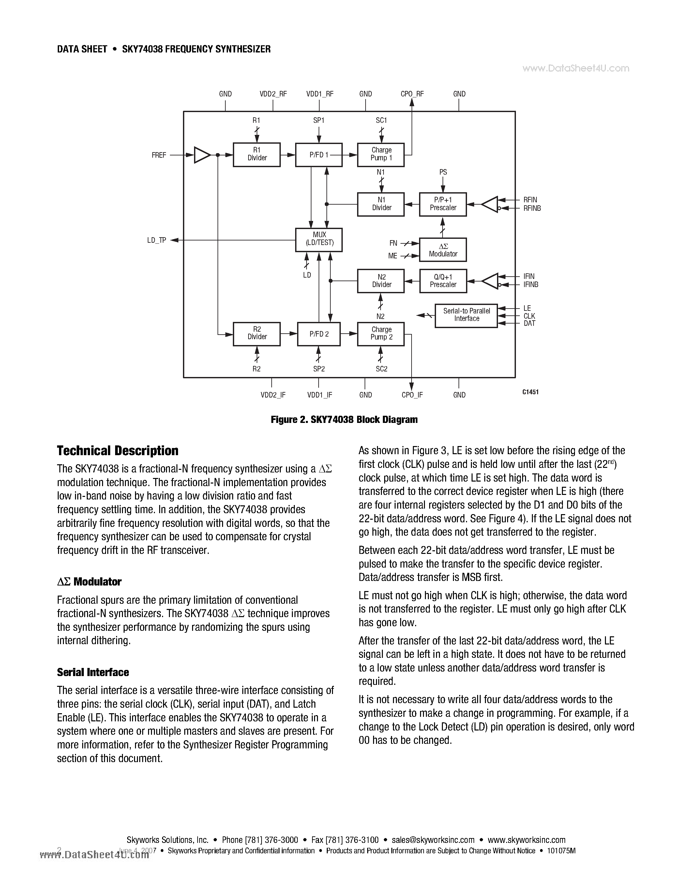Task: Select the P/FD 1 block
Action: pyautogui.click(x=319, y=155)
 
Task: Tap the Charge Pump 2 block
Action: pyautogui.click(x=381, y=334)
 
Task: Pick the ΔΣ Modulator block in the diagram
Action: pyautogui.click(x=443, y=250)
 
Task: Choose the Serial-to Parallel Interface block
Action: pyautogui.click(x=466, y=315)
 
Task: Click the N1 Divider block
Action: pyautogui.click(x=381, y=204)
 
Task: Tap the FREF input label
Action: pyautogui.click(x=159, y=155)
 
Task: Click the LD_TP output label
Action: pyautogui.click(x=157, y=240)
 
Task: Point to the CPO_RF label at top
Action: pyautogui.click(x=412, y=94)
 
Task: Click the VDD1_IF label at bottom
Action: pyautogui.click(x=319, y=395)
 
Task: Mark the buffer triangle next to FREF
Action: pyautogui.click(x=201, y=155)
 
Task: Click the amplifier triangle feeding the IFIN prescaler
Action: pyautogui.click(x=490, y=281)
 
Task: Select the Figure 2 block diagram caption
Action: pyautogui.click(x=344, y=420)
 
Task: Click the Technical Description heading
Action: pyautogui.click(x=117, y=451)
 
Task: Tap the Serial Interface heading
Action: pyautogui.click(x=93, y=672)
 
